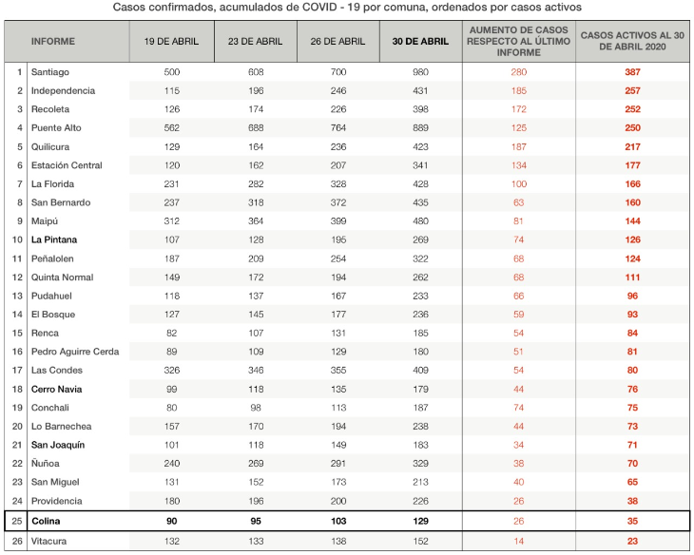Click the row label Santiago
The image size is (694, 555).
(x=50, y=72)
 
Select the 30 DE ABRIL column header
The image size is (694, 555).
(x=420, y=42)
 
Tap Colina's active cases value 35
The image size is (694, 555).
(x=632, y=522)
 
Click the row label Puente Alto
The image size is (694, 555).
(x=56, y=128)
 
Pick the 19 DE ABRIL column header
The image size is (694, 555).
(x=171, y=42)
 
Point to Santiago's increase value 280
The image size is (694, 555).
(x=519, y=72)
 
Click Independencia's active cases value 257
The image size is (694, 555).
(x=632, y=90)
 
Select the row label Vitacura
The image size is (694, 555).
(x=48, y=542)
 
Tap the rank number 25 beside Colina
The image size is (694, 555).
(x=17, y=522)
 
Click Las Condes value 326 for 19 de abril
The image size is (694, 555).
(x=172, y=371)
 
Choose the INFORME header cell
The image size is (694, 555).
(x=52, y=42)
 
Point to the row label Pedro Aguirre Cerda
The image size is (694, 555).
(x=75, y=352)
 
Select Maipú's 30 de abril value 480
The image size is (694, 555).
(x=420, y=221)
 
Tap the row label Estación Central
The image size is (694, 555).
(x=67, y=165)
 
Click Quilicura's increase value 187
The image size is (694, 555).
(x=519, y=147)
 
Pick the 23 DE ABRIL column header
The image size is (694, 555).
(x=255, y=42)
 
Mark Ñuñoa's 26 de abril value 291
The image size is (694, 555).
(x=338, y=464)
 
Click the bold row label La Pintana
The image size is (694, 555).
(x=54, y=239)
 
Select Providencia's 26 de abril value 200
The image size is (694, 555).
(x=338, y=502)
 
